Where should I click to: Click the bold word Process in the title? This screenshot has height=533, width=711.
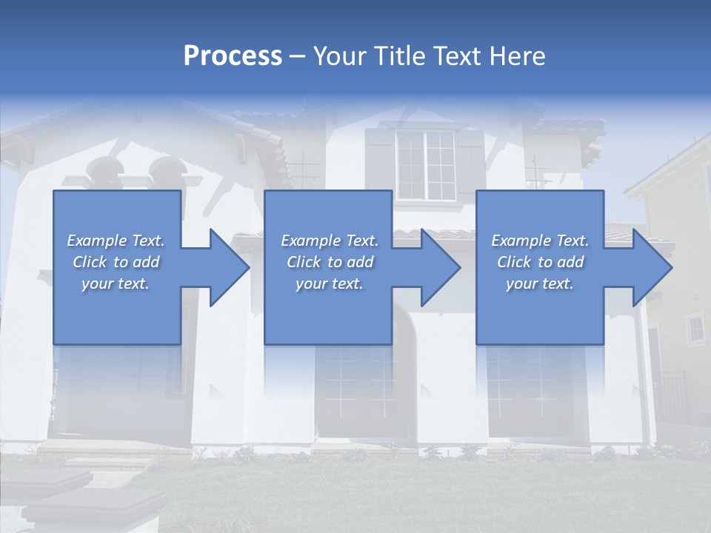(x=233, y=56)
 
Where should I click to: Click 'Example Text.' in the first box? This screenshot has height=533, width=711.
(x=116, y=241)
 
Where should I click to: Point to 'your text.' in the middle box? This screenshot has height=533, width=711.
(x=329, y=284)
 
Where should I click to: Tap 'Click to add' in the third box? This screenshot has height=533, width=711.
(x=540, y=262)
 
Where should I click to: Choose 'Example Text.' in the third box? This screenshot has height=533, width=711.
(x=540, y=241)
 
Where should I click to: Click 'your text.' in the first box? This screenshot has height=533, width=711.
(x=116, y=284)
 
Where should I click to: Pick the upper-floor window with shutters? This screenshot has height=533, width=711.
(x=426, y=164)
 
